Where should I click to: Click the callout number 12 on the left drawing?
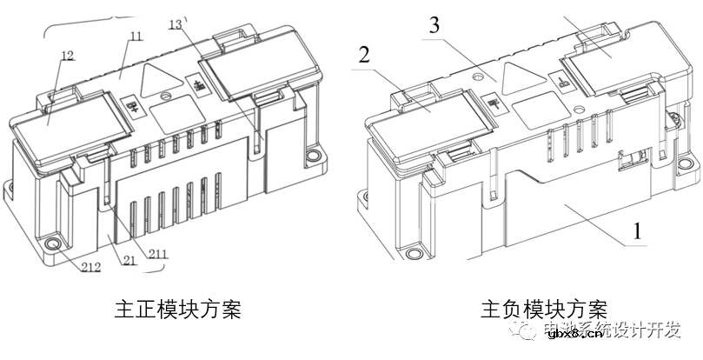(67, 56)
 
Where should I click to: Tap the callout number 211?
(158, 255)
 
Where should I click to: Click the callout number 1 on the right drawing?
(639, 232)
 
